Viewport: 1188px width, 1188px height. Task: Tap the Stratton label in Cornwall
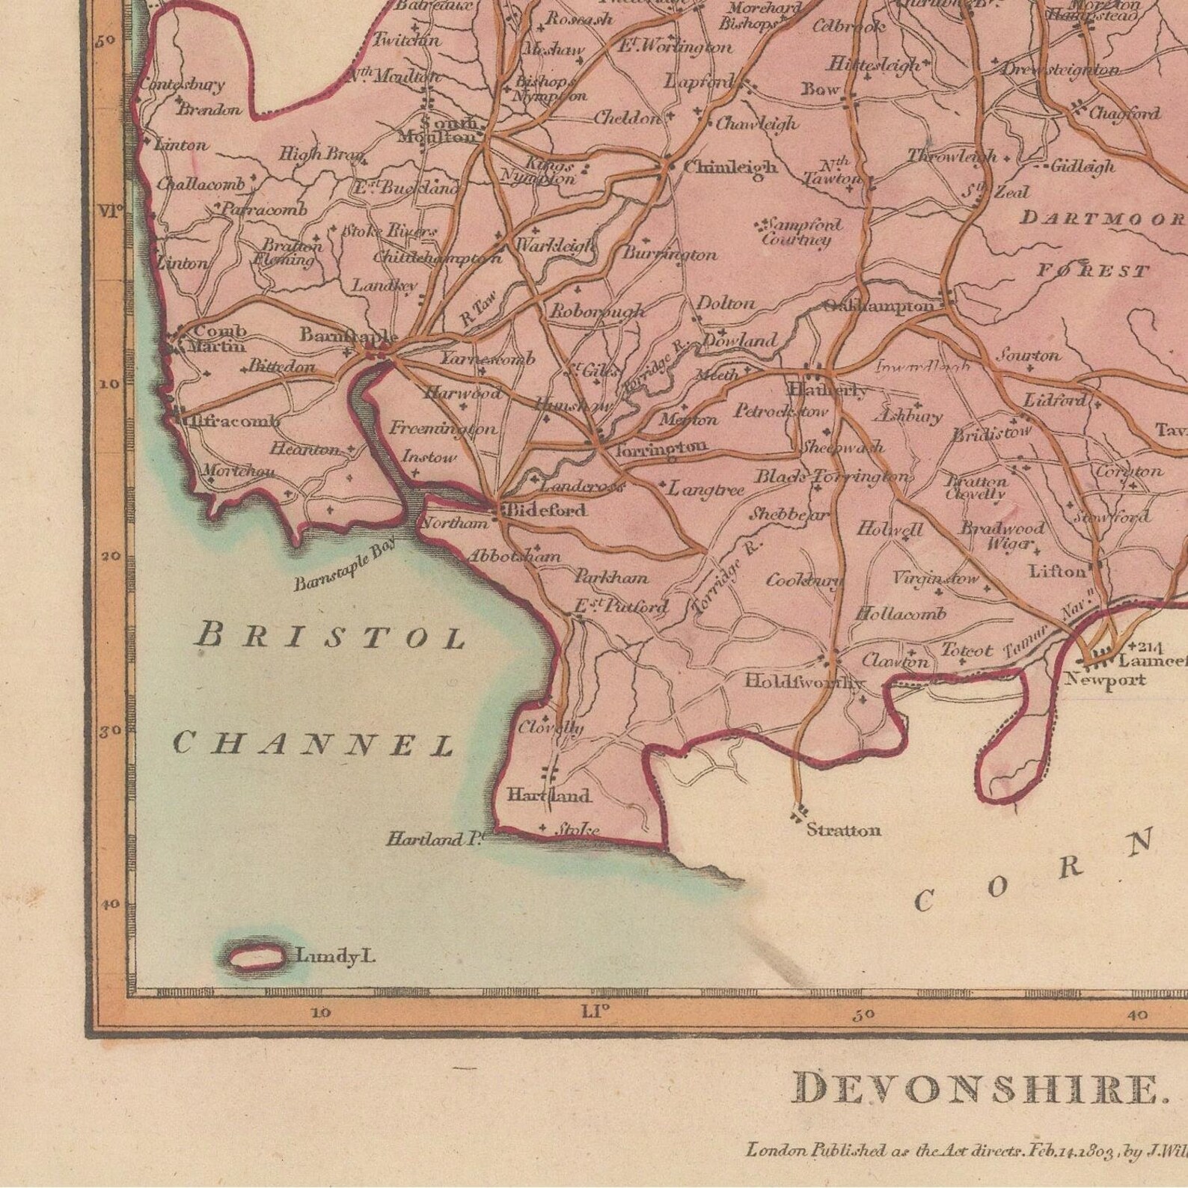tap(843, 830)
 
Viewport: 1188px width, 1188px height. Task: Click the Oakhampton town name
tap(878, 306)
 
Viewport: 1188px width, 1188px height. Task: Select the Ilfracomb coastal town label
tap(232, 422)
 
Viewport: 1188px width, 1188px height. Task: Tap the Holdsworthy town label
tap(804, 682)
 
